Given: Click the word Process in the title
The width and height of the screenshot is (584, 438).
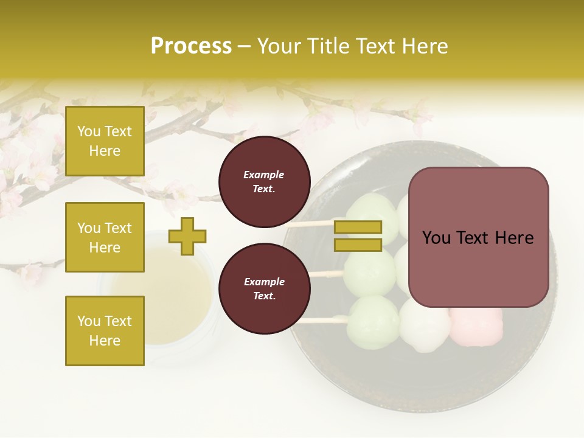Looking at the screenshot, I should (191, 46).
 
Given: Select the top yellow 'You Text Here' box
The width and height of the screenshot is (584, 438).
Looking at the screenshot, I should (105, 141).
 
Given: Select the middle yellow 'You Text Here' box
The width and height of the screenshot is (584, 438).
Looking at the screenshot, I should (105, 237).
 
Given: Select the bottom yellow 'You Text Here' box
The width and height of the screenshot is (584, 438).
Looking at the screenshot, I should (105, 330).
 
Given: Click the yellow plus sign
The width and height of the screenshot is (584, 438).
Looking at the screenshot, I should (187, 236).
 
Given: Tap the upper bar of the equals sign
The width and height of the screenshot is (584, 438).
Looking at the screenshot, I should (358, 227).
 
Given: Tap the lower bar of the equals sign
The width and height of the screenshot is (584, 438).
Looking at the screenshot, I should (358, 245).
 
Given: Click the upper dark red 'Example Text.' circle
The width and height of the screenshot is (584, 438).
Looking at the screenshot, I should (264, 181).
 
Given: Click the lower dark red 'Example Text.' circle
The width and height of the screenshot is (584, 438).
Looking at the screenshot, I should (264, 288).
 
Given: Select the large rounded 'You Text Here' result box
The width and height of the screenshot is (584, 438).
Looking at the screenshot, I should (478, 237).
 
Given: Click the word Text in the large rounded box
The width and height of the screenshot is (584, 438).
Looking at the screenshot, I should (478, 238).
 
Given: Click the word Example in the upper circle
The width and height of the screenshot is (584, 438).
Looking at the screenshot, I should (264, 175).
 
